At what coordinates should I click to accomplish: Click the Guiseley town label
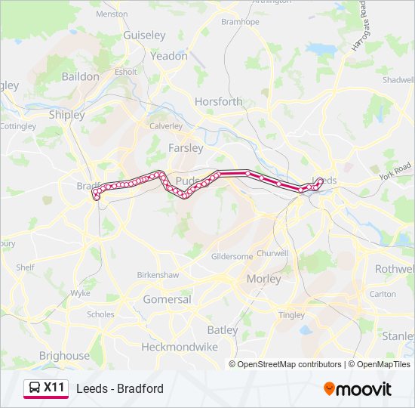pos(144,36)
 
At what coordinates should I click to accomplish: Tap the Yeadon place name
pos(169,56)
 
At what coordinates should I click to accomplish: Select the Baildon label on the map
pos(81,76)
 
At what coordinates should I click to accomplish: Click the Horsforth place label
pos(219,101)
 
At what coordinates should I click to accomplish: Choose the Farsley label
pos(186,148)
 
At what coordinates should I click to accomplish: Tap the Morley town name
pos(264,279)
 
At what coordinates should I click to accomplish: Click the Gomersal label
pos(167,299)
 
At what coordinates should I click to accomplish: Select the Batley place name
pos(222,330)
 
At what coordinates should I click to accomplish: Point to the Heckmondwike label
pos(180,347)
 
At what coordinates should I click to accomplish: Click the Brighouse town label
pos(64,355)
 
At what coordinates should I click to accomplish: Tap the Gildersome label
pos(232,257)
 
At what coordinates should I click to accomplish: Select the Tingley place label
pos(291,315)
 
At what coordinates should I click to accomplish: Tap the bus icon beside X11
pos(35,388)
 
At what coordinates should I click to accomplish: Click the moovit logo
pos(358,389)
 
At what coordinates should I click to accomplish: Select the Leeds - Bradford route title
pos(120,389)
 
